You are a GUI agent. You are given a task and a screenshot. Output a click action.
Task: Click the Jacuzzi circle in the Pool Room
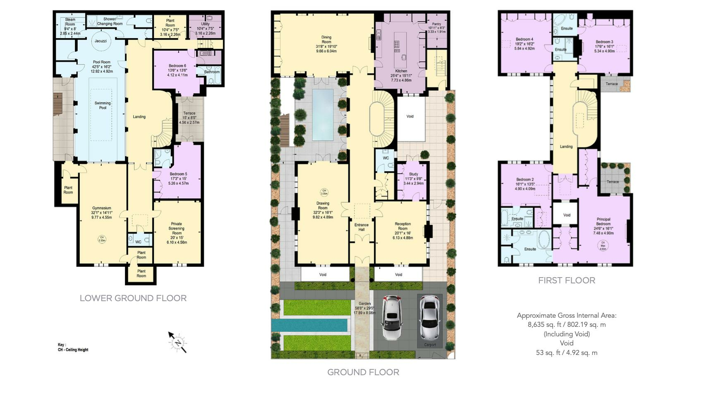click(101, 41)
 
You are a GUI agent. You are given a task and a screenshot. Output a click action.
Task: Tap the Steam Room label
click(70, 22)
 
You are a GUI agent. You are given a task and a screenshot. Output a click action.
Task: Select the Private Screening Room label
click(177, 228)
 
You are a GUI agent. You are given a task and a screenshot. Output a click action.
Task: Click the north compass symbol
click(178, 343)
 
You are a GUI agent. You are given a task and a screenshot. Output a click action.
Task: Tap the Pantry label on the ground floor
click(436, 24)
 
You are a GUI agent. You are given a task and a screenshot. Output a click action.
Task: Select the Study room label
click(413, 174)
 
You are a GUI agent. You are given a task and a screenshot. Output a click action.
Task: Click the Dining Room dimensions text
click(326, 49)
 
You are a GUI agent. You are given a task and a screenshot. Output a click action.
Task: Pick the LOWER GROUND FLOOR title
click(133, 298)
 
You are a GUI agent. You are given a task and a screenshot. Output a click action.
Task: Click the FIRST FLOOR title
click(566, 280)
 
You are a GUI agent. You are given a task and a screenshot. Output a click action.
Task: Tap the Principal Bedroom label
click(603, 222)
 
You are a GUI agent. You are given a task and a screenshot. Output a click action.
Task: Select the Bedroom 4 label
click(524, 40)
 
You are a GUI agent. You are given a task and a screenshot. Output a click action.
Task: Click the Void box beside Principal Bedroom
click(566, 215)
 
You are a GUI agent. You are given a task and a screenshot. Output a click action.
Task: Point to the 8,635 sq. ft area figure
click(566, 324)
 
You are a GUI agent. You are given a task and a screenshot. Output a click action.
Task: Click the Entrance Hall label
click(362, 227)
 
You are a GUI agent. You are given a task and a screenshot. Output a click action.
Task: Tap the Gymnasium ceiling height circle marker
click(102, 239)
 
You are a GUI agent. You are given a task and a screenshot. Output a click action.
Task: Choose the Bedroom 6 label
click(177, 66)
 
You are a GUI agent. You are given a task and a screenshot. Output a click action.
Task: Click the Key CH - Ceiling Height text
click(73, 347)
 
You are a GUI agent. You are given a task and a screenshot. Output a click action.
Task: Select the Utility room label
click(205, 24)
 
